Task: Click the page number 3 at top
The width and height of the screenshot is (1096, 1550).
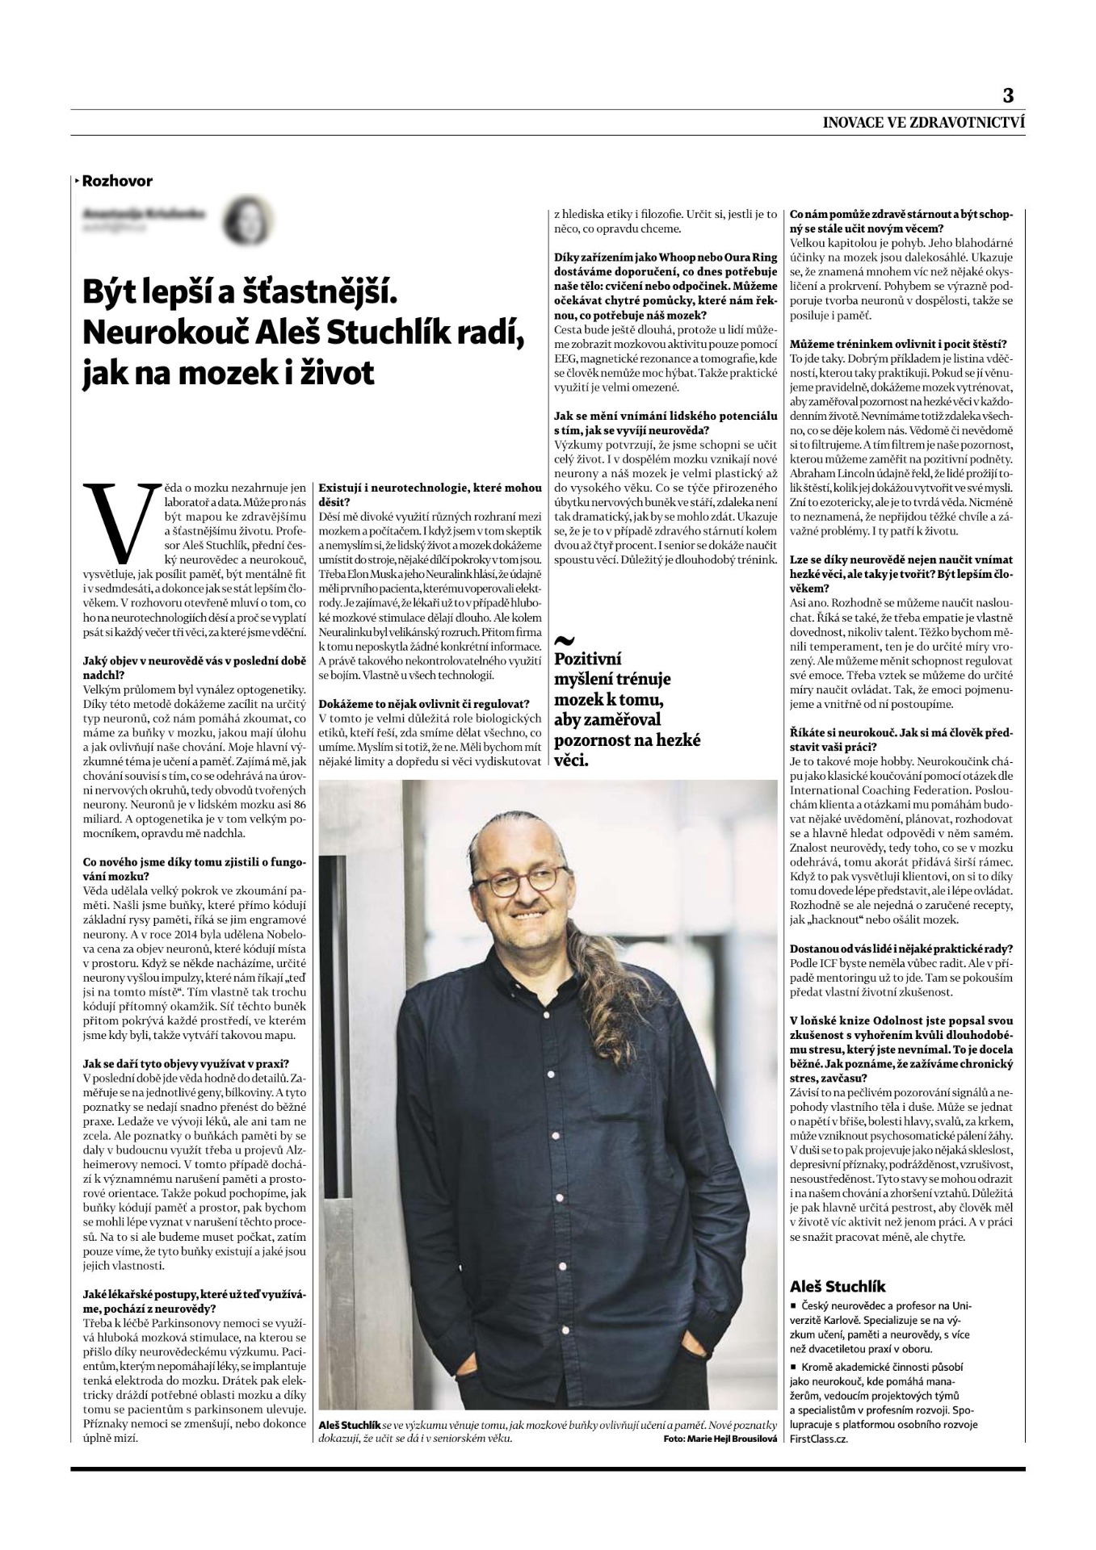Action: [x=1007, y=95]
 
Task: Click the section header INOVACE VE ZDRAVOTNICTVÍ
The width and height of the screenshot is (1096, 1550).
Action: [x=923, y=124]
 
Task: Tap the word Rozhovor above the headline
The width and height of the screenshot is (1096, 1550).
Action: [x=117, y=181]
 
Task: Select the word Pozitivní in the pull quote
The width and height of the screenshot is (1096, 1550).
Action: [x=588, y=659]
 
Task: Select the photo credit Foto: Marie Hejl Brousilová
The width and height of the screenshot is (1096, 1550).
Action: [x=720, y=1439]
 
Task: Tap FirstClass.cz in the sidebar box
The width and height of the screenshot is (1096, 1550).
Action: [x=818, y=1439]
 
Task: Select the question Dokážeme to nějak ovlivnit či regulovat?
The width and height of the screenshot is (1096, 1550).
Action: [x=424, y=704]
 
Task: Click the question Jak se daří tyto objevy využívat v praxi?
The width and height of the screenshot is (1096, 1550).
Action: [x=186, y=1063]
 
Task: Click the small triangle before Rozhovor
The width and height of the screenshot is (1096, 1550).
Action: [x=77, y=181]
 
